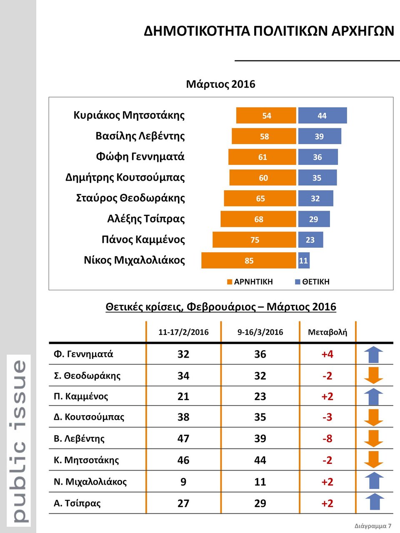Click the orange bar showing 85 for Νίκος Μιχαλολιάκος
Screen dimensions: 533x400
[x=249, y=261]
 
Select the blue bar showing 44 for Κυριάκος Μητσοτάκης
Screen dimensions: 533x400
[x=322, y=116]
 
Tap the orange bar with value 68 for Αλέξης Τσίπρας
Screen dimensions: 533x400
[x=258, y=219]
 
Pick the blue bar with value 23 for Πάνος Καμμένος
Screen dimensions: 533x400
[x=310, y=240]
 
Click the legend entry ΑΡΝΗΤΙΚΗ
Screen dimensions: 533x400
[x=250, y=282]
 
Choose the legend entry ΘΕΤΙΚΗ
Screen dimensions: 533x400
[x=312, y=282]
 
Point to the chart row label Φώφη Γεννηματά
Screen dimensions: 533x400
[x=140, y=157]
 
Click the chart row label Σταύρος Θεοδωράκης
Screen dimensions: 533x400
[x=130, y=198]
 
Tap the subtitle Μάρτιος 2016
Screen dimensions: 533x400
[x=220, y=84]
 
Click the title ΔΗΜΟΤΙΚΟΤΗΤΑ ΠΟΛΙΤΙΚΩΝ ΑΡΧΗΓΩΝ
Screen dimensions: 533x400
[x=269, y=31]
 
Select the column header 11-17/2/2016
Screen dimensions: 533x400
[x=183, y=332]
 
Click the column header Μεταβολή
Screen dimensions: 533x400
[x=327, y=332]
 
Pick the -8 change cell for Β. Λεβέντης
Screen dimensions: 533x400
[x=327, y=438]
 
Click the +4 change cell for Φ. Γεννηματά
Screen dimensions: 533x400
[x=327, y=354]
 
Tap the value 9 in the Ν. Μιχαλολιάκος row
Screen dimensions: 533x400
[x=183, y=482]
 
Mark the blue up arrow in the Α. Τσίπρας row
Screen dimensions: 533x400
[x=374, y=502]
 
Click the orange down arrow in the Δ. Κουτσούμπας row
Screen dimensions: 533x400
[x=374, y=417]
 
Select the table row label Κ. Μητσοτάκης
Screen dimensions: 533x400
[x=86, y=460]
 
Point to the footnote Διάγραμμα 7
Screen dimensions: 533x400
[x=373, y=526]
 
